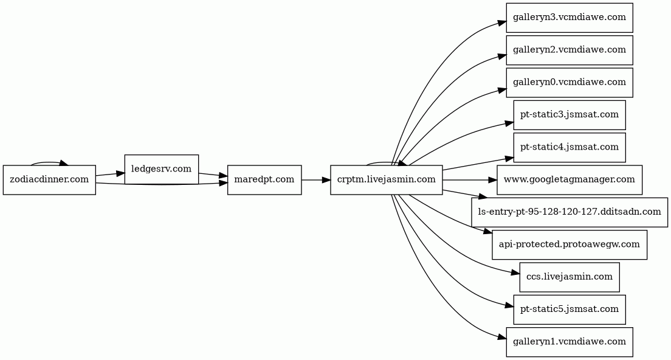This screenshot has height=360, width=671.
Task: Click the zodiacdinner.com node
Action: coord(49,180)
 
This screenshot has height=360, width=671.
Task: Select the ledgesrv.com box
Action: coord(161,170)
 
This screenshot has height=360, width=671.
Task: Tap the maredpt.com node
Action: coord(264,180)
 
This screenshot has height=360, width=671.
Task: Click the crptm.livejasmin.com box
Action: coord(386,180)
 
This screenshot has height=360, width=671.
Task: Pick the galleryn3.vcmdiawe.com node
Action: coord(569,18)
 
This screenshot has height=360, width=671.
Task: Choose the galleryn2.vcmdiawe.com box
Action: coord(569,50)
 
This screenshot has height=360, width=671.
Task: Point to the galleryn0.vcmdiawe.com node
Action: coord(569,83)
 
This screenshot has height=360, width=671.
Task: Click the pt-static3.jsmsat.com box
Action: coord(569,115)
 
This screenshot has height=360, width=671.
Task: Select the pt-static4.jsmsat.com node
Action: coord(569,147)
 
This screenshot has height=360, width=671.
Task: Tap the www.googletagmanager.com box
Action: coord(569,180)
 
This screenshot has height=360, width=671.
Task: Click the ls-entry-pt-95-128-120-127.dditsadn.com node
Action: coord(569,212)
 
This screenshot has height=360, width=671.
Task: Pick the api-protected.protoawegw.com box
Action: coord(569,245)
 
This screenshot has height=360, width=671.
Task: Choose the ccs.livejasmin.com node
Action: coord(569,277)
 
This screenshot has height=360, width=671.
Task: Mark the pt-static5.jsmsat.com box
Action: coord(569,310)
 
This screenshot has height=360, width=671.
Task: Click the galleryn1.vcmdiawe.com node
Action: coord(569,342)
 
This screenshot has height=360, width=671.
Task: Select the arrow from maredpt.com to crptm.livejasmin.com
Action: coord(316,180)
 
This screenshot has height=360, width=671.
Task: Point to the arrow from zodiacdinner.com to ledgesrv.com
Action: coord(110,174)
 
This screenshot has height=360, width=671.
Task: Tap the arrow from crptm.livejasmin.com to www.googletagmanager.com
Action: coord(469,180)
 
